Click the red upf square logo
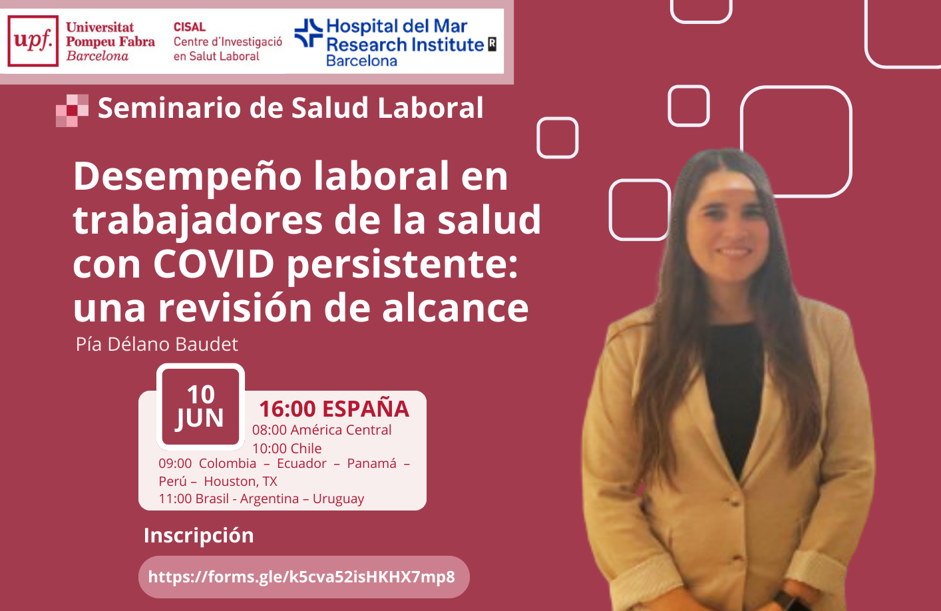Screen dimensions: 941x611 point(33,41)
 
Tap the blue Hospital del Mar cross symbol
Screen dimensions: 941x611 point(309,33)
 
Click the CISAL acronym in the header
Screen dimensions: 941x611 point(190,27)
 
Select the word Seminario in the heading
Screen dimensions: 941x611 point(170,108)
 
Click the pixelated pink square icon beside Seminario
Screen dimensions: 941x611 point(73,110)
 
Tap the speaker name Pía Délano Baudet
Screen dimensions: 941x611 point(156,344)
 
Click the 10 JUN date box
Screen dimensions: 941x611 point(200,407)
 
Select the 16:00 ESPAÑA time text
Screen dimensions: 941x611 point(334,409)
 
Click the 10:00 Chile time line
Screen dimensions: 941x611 point(287,449)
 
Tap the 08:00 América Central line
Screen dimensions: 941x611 point(322,430)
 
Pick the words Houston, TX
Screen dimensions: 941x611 point(241,481)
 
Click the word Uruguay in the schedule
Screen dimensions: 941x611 point(338,499)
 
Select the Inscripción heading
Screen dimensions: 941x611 point(199,535)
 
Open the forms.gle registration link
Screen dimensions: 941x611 point(301,577)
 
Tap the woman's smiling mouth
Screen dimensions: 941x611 point(734,252)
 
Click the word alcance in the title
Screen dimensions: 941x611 point(455,308)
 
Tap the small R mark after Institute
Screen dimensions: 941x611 point(492,44)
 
